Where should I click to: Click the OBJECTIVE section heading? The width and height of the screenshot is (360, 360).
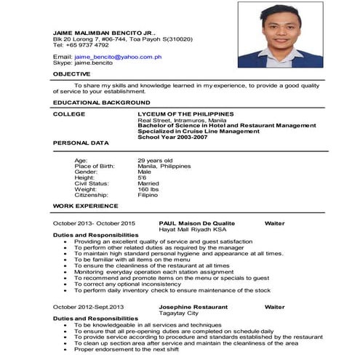71,73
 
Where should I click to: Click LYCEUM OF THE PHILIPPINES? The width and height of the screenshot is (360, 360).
185,114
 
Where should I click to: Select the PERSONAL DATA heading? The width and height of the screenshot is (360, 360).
81,143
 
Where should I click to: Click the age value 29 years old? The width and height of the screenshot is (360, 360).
155,160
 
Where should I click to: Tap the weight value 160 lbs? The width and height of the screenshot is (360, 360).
149,189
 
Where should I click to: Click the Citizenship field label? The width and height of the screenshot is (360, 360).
92,195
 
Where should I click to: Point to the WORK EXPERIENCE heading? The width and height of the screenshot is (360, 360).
81,207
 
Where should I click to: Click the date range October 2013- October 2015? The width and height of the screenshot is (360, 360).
94,223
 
